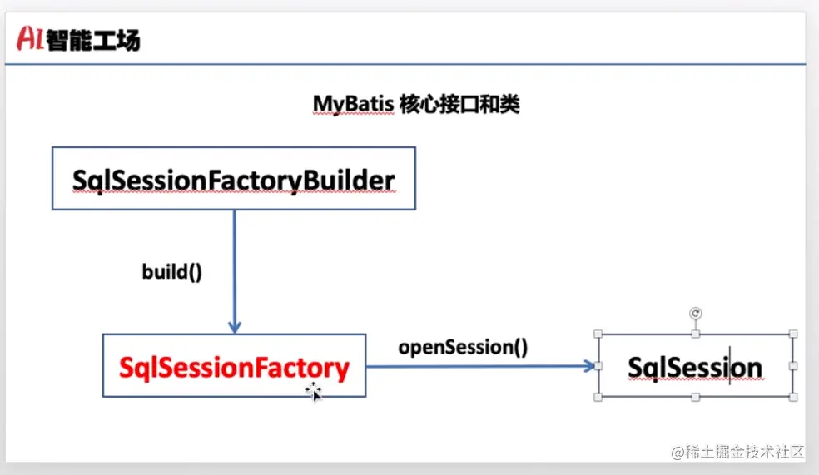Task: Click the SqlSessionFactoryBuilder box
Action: click(x=233, y=179)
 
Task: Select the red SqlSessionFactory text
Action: click(x=234, y=367)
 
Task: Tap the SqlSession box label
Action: click(x=695, y=367)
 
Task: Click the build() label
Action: click(x=172, y=272)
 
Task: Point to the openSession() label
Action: click(x=463, y=346)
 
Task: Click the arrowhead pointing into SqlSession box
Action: click(x=591, y=366)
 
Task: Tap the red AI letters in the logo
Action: click(x=30, y=37)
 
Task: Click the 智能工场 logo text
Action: click(x=93, y=38)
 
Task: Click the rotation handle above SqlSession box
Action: click(x=696, y=313)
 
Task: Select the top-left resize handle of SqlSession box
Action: click(x=598, y=334)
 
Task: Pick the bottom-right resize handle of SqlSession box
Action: click(x=793, y=398)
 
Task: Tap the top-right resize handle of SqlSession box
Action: click(x=793, y=334)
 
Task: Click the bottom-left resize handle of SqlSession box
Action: click(x=598, y=398)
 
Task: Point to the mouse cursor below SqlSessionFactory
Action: click(x=314, y=392)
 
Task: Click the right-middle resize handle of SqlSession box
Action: click(x=793, y=366)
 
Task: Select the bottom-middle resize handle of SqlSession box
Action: click(x=696, y=398)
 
